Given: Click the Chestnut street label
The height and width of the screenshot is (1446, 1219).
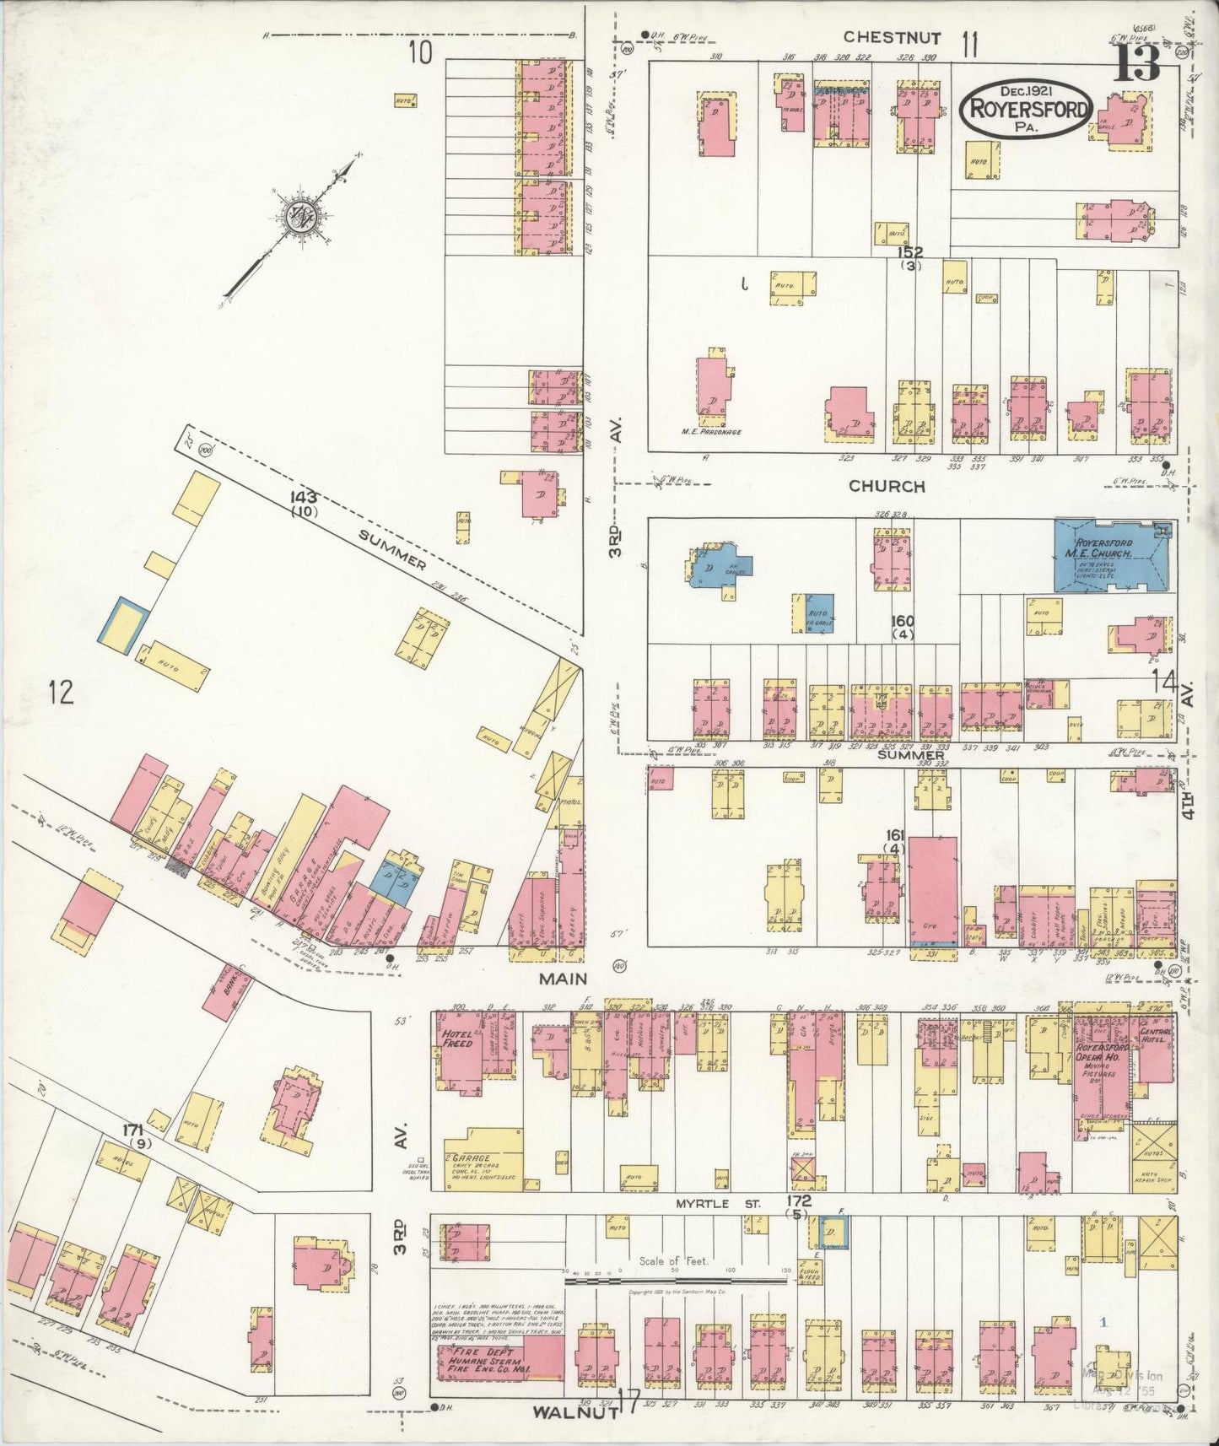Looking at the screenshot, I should click(893, 37).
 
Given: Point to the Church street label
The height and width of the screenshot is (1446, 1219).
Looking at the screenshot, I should click(887, 486).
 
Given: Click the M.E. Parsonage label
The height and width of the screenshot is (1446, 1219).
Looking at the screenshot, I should click(711, 432).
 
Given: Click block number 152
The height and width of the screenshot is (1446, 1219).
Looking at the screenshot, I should click(910, 252).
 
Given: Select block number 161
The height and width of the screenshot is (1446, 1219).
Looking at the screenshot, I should click(893, 835).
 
